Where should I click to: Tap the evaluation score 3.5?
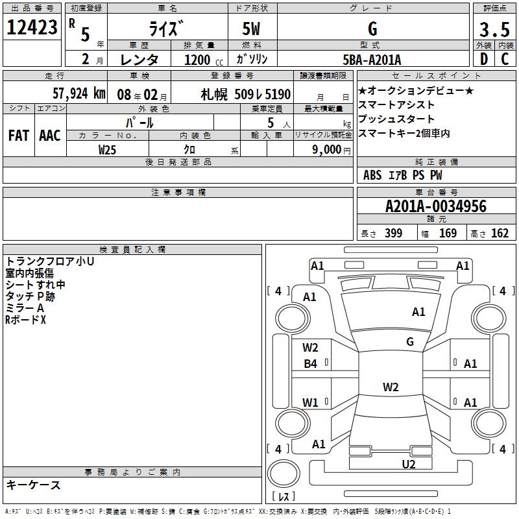[494, 30]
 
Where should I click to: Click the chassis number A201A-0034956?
[435, 206]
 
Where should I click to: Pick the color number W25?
[108, 149]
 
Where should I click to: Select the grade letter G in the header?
[372, 29]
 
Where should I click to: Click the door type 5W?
[252, 29]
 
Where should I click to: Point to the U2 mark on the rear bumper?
[408, 463]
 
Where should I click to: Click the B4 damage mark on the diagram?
[311, 364]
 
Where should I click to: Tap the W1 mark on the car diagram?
[311, 402]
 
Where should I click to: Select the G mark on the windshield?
[410, 341]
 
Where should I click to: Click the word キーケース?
[33, 485]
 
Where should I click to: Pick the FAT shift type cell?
[19, 135]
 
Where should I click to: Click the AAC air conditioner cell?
[50, 135]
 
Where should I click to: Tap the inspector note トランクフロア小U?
[50, 261]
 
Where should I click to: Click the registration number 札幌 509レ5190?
[246, 94]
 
